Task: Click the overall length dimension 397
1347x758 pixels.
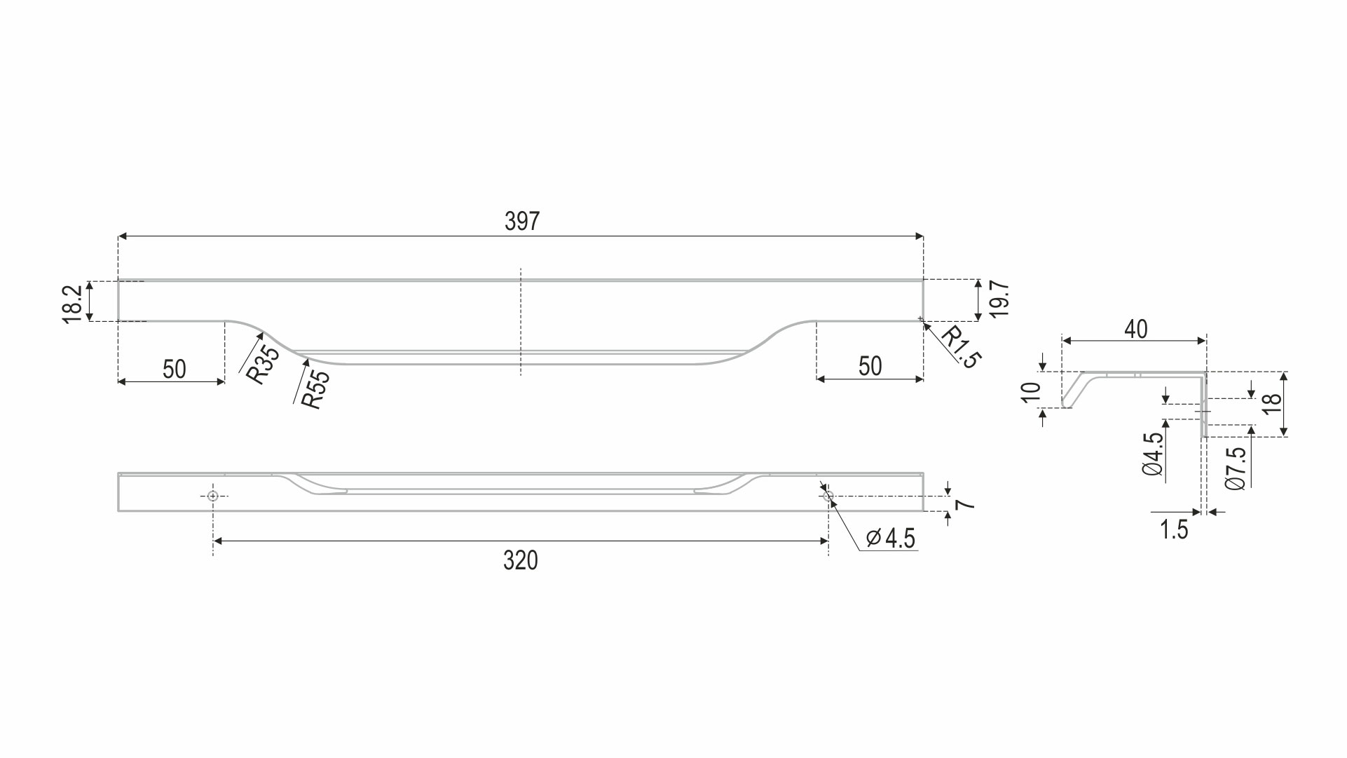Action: click(522, 222)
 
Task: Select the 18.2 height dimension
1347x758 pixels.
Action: click(73, 303)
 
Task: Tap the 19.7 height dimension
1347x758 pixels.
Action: click(1000, 299)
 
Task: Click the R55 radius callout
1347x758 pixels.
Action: click(315, 389)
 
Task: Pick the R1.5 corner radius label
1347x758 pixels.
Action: click(961, 347)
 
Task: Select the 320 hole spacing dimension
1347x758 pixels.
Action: click(521, 561)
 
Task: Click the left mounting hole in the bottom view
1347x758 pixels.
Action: click(214, 496)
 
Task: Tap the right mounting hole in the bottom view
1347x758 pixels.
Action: click(828, 496)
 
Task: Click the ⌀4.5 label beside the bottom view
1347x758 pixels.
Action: click(891, 539)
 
